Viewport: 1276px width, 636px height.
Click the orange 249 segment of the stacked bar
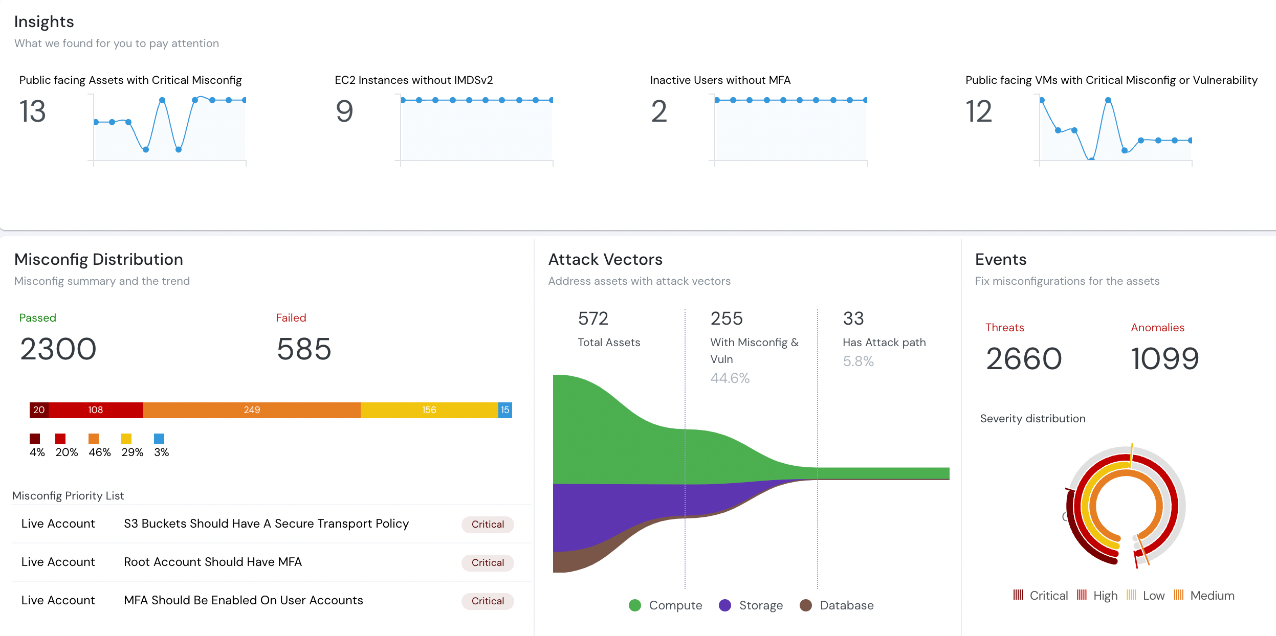click(252, 410)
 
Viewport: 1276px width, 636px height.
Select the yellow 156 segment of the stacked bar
click(429, 410)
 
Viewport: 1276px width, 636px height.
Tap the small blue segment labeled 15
click(505, 410)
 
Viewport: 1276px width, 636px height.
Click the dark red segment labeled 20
click(39, 410)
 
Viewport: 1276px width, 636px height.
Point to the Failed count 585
click(304, 349)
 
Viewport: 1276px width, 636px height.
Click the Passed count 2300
click(58, 349)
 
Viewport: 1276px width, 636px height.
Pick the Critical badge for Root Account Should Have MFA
click(488, 562)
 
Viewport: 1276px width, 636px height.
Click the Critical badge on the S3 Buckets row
click(488, 524)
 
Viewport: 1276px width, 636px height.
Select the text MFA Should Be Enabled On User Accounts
click(243, 600)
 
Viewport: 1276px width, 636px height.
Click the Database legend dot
click(806, 605)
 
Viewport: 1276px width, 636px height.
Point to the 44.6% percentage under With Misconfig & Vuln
click(730, 378)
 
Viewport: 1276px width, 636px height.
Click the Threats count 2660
click(1024, 358)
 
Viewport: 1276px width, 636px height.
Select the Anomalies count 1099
click(1164, 358)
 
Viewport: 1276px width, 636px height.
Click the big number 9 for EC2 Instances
click(344, 111)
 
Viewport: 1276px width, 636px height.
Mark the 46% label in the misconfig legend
click(100, 452)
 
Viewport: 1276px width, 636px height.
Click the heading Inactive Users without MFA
click(720, 80)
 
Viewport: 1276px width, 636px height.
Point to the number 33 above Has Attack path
click(853, 319)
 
